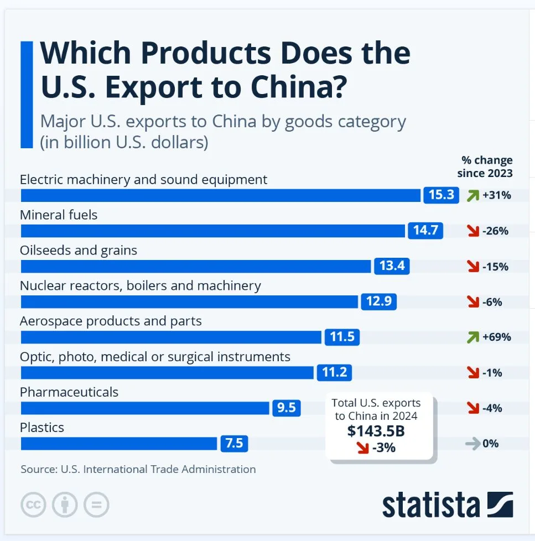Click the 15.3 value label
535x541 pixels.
(441, 195)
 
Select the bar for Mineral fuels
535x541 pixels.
(213, 231)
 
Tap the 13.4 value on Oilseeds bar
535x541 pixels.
(392, 266)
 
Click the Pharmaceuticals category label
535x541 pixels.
(69, 392)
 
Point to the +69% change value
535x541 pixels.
(496, 337)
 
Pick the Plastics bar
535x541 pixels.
(119, 443)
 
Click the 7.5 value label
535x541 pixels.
(235, 443)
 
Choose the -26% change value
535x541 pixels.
(495, 231)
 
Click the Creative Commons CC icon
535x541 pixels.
(34, 504)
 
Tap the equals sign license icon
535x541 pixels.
(97, 504)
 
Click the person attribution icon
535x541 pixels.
(65, 504)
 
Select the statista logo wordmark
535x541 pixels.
(430, 504)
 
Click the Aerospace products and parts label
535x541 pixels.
(111, 321)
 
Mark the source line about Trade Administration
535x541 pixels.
(138, 469)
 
